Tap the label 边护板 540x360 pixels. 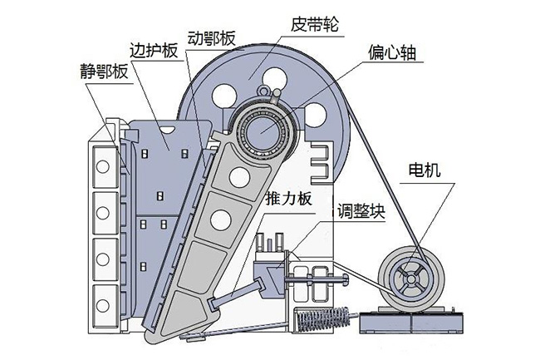(154, 51)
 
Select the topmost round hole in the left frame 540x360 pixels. (103, 167)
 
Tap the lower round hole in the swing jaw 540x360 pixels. (220, 219)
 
